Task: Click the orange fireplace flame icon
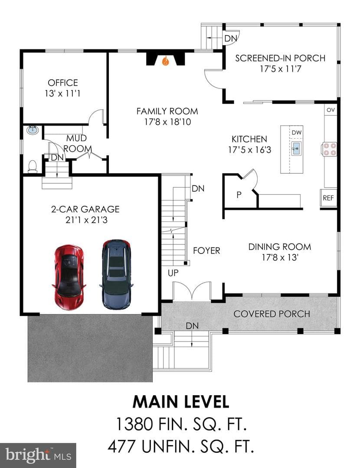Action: coord(166,61)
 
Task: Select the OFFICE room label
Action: coord(63,83)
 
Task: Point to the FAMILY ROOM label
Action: coord(167,111)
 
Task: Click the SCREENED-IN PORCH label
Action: coord(280,58)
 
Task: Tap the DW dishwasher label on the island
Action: coord(296,133)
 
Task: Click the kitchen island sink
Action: coord(296,148)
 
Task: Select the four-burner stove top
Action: coord(329,149)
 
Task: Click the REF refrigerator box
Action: coord(328,198)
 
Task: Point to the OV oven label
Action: coord(331,110)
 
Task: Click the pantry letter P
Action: coord(239,195)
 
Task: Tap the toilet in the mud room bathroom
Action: coord(32,166)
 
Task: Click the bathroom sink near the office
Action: coord(33,130)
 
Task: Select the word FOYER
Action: coord(206,251)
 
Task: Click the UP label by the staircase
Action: coord(173,273)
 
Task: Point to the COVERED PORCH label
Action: coord(272,314)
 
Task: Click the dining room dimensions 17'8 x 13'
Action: coord(280,257)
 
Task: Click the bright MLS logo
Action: coord(38,455)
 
